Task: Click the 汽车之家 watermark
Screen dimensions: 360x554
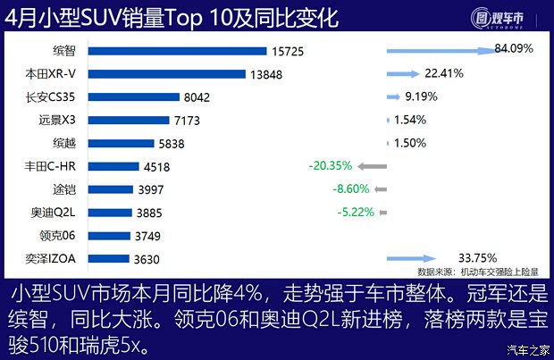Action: point(526,348)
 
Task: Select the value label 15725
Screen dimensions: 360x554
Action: point(286,52)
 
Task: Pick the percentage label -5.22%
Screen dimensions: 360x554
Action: point(355,213)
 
